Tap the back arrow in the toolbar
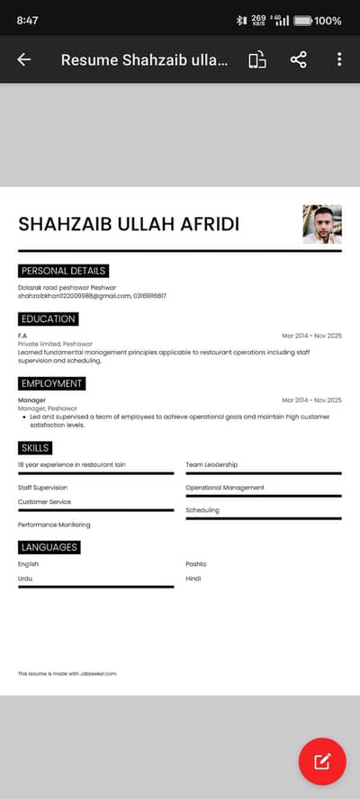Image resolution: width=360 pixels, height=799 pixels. [24, 59]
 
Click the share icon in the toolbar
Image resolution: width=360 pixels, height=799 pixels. [298, 59]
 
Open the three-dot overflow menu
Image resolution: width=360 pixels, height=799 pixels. [339, 59]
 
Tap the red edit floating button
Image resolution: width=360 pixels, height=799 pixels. [322, 761]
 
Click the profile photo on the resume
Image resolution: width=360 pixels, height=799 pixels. [322, 224]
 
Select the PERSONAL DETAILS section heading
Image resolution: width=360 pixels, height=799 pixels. [63, 271]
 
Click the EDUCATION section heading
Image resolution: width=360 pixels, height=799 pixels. [49, 319]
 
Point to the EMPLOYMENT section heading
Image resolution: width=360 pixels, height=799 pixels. [51, 383]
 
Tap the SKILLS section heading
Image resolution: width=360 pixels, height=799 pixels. [35, 448]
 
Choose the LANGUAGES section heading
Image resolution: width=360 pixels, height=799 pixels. [49, 547]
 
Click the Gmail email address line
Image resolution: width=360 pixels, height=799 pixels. [74, 295]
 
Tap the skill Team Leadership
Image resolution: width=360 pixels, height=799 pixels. [211, 464]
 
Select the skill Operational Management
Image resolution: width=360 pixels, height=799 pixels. [225, 488]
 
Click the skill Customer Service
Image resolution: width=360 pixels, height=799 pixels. [44, 502]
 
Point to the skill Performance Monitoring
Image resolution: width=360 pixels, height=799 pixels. [54, 525]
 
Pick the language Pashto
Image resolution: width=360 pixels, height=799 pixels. [196, 564]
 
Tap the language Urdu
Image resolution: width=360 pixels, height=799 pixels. [25, 579]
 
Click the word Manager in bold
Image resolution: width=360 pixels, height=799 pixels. [31, 399]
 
